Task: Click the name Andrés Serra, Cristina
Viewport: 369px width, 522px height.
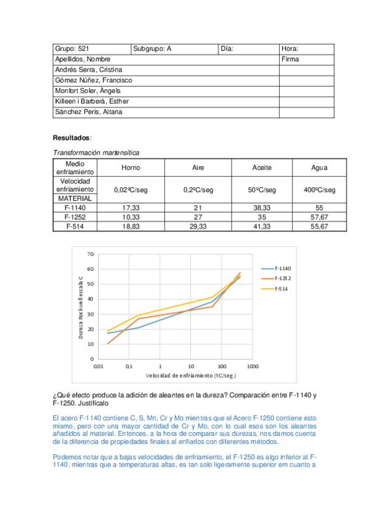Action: [89, 70]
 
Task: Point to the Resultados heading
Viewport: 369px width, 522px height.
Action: [71, 139]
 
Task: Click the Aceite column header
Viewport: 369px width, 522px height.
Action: [262, 168]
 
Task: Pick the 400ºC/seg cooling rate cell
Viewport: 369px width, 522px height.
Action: [320, 190]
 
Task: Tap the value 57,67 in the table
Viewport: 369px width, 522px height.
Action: [320, 217]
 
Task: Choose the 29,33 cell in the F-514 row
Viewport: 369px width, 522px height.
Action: [198, 227]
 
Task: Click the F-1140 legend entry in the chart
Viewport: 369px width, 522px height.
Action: [283, 268]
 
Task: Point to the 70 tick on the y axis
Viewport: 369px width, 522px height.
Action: [90, 254]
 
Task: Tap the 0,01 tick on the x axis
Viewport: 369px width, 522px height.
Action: [98, 366]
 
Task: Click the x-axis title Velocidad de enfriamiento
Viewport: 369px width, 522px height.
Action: [182, 375]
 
